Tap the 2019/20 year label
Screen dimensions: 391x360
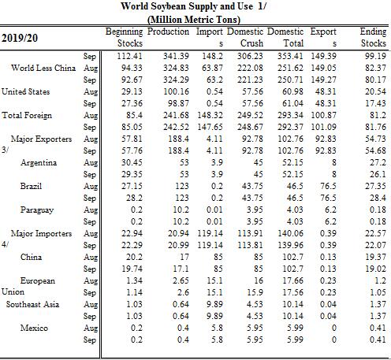20,38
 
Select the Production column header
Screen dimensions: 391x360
168,32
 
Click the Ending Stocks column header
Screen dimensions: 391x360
373,37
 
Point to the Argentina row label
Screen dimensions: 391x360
39,162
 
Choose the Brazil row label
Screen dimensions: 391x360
31,186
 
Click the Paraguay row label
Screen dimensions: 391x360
37,210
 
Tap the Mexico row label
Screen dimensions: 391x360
34,328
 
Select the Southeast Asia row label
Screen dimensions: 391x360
32,304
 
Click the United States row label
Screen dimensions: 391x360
25,91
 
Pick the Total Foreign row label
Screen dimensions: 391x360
27,115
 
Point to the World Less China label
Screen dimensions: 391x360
43,68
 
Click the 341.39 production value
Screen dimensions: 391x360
176,56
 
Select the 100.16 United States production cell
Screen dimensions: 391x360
176,91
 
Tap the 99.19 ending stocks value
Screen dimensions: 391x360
376,56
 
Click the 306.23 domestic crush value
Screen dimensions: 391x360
250,56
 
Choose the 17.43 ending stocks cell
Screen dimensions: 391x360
376,103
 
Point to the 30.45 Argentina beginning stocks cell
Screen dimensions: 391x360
132,162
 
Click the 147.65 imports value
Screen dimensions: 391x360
210,127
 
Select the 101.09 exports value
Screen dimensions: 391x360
323,127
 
